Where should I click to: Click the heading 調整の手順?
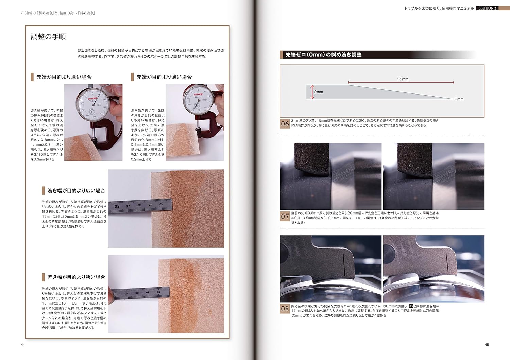tap(48, 37)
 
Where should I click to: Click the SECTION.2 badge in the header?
tap(487, 8)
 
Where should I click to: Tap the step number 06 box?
tap(285, 124)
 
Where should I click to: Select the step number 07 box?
tap(285, 216)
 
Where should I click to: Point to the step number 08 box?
tap(285, 309)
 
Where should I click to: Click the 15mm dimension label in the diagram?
tap(403, 79)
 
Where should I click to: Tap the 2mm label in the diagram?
tap(319, 92)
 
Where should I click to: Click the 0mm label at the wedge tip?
tap(459, 99)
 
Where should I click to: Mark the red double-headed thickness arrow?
tap(312, 92)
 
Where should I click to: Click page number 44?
tap(23, 345)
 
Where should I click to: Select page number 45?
tap(487, 345)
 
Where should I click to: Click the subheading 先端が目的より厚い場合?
tap(64, 77)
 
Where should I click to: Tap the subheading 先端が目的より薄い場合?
tap(164, 77)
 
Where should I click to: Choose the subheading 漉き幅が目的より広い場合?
tap(76, 191)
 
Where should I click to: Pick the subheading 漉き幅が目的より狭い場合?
tap(76, 277)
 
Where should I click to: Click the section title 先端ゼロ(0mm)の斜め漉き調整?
tap(323, 55)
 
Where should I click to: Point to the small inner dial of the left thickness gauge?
tap(92, 112)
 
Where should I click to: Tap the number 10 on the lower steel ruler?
tap(158, 292)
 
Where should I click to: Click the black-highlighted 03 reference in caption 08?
tap(411, 306)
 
